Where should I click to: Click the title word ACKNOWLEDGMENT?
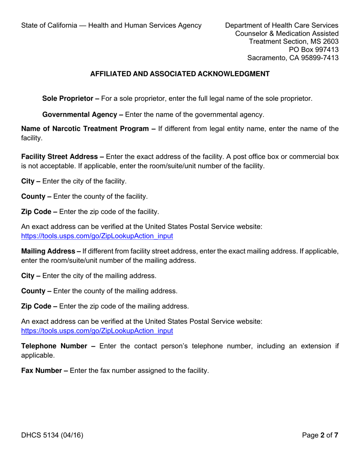point(233,74)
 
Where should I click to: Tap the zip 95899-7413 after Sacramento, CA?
point(319,58)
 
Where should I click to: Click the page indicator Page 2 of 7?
point(320,435)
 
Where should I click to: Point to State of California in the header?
point(48,25)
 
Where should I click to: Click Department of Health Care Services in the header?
point(282,25)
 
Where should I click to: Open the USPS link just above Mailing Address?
point(97,236)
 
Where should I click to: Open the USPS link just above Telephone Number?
point(97,330)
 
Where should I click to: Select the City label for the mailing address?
point(29,276)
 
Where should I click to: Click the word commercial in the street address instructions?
point(305,156)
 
